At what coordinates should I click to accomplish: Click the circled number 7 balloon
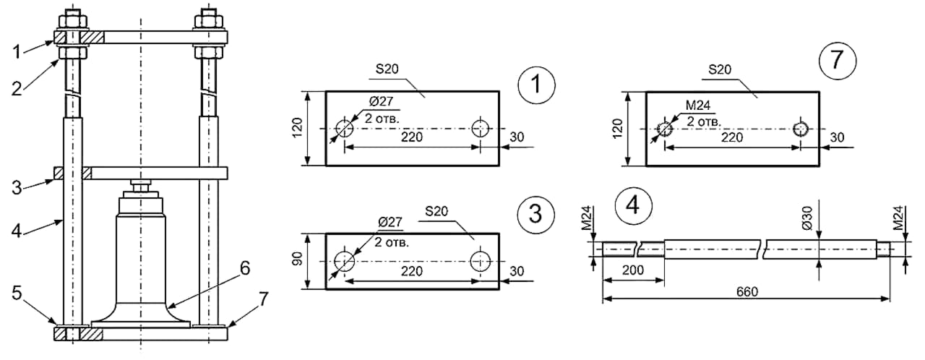pos(837,61)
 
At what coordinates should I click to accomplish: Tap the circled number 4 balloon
pos(633,205)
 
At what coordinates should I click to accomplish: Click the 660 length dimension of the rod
pos(747,291)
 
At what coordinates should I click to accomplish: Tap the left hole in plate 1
pos(344,129)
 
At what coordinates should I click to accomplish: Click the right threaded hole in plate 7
pos(800,129)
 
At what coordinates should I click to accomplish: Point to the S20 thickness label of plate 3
pos(436,211)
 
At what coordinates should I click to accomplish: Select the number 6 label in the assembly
pos(245,268)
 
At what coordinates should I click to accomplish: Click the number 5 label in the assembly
pos(16,293)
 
